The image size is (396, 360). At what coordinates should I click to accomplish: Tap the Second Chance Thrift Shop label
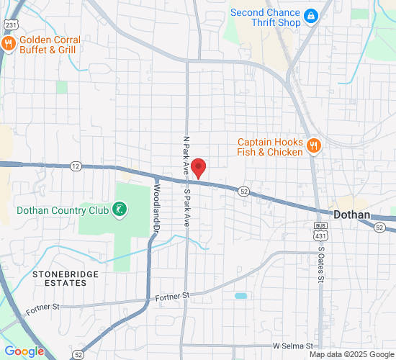pyautogui.click(x=266, y=17)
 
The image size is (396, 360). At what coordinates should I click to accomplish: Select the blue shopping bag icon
pyautogui.click(x=311, y=15)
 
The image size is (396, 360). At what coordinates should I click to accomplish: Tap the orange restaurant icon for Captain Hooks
pyautogui.click(x=313, y=146)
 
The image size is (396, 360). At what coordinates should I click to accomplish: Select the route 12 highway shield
pyautogui.click(x=76, y=166)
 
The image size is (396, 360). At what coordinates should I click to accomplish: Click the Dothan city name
pyautogui.click(x=352, y=215)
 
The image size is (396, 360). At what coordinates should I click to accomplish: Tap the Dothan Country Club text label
pyautogui.click(x=63, y=210)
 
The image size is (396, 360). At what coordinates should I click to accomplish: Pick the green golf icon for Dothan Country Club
pyautogui.click(x=120, y=210)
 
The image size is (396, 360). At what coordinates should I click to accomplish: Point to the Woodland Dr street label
pyautogui.click(x=156, y=210)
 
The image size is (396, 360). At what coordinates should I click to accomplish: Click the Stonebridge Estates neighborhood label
pyautogui.click(x=59, y=279)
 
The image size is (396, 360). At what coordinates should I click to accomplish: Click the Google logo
pyautogui.click(x=24, y=351)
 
